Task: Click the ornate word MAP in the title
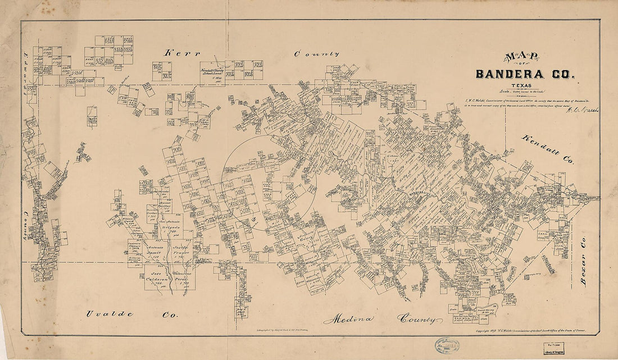[522, 57]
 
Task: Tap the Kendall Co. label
[548, 149]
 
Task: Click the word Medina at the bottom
[348, 319]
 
